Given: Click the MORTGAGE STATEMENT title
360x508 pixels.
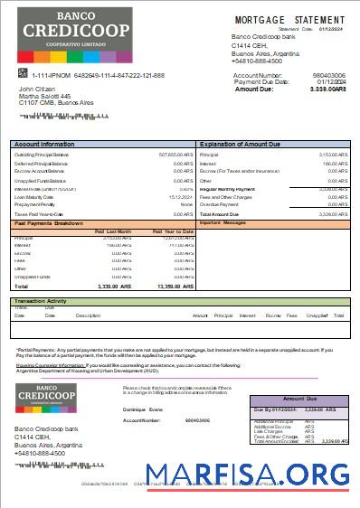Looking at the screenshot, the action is point(289,20).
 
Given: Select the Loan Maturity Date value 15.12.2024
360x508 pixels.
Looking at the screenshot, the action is point(181,196).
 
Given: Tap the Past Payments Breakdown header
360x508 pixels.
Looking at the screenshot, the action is point(50,223).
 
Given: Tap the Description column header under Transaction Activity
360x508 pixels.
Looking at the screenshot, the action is point(88,315).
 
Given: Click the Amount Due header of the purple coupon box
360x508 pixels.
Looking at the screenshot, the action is point(301,399).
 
